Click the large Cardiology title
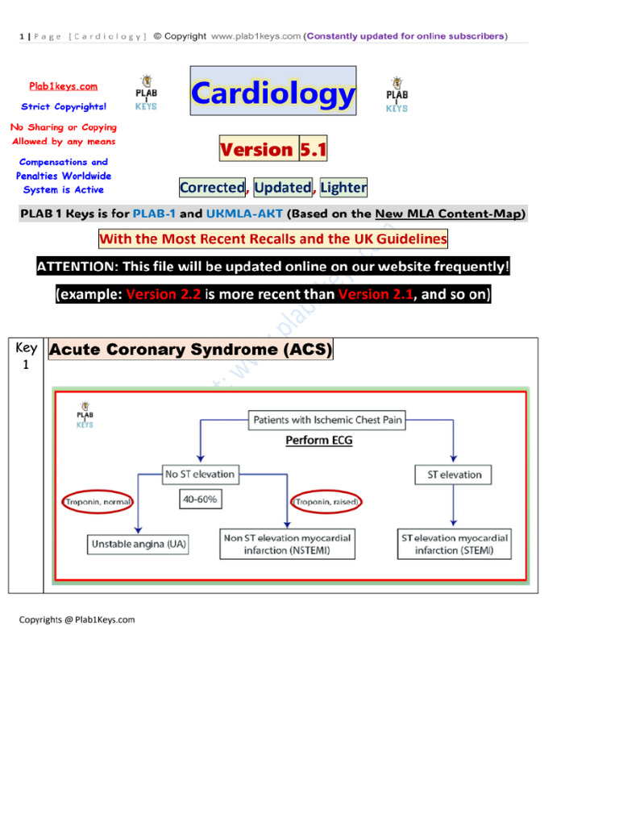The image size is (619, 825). click(x=273, y=94)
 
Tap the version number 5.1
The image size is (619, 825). click(x=313, y=150)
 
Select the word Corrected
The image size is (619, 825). click(x=212, y=188)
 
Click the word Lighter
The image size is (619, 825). click(x=343, y=188)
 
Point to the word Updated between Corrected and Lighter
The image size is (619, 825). click(x=282, y=188)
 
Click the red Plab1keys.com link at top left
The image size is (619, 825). click(x=64, y=86)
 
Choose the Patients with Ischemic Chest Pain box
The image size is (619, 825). click(x=327, y=420)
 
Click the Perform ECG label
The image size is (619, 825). click(x=318, y=441)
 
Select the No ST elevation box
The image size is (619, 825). click(x=199, y=475)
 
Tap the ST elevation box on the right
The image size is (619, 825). click(x=454, y=475)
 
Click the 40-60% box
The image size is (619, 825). click(x=201, y=500)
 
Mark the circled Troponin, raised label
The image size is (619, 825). click(x=328, y=502)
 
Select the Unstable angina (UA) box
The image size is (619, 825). click(x=139, y=545)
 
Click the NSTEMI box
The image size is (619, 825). click(x=287, y=545)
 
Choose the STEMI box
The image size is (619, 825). click(x=454, y=545)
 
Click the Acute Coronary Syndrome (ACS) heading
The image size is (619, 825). click(x=191, y=350)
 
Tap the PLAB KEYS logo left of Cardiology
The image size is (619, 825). click(x=147, y=94)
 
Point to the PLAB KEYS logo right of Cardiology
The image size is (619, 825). click(x=397, y=94)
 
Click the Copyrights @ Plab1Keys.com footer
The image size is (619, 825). click(x=77, y=620)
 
